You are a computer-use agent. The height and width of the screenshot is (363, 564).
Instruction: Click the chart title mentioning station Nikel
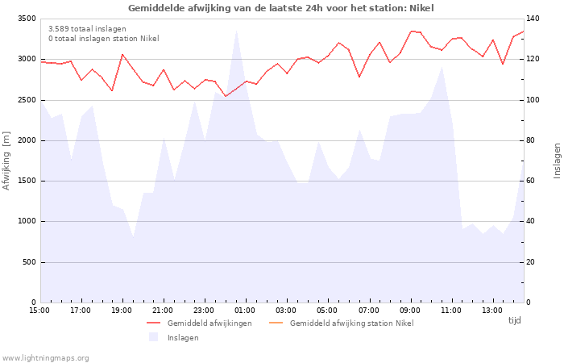click(x=280, y=8)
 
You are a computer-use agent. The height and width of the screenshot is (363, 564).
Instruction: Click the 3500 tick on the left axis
click(x=26, y=19)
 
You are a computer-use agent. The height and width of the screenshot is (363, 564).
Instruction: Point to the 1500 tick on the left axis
click(x=26, y=181)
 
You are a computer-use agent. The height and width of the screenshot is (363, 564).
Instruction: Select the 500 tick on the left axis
click(x=28, y=262)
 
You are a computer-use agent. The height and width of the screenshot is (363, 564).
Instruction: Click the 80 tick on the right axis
click(x=533, y=140)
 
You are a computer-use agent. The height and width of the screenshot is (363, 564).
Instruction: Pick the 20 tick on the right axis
click(x=533, y=262)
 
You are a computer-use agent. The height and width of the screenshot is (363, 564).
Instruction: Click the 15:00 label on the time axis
click(x=39, y=310)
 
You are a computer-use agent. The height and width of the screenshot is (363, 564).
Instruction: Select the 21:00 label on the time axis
click(x=163, y=310)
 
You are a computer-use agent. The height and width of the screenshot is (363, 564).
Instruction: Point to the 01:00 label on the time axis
click(x=245, y=310)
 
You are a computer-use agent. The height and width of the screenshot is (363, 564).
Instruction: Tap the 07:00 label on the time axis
click(x=369, y=310)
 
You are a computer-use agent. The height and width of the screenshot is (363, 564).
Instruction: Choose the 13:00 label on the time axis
click(x=492, y=310)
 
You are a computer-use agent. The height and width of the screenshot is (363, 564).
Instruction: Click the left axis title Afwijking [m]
click(x=7, y=161)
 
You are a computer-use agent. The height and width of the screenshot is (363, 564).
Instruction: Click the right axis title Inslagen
click(x=557, y=161)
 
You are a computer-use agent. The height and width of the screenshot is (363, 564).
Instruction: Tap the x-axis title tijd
click(x=514, y=320)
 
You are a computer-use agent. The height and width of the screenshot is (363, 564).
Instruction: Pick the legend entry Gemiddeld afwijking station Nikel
click(x=351, y=323)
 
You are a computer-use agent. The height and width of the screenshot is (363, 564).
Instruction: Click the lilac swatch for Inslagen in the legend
click(x=153, y=337)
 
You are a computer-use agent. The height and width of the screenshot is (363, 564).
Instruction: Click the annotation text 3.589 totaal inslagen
click(x=87, y=29)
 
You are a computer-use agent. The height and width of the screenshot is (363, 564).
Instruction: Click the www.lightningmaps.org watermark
click(x=45, y=358)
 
